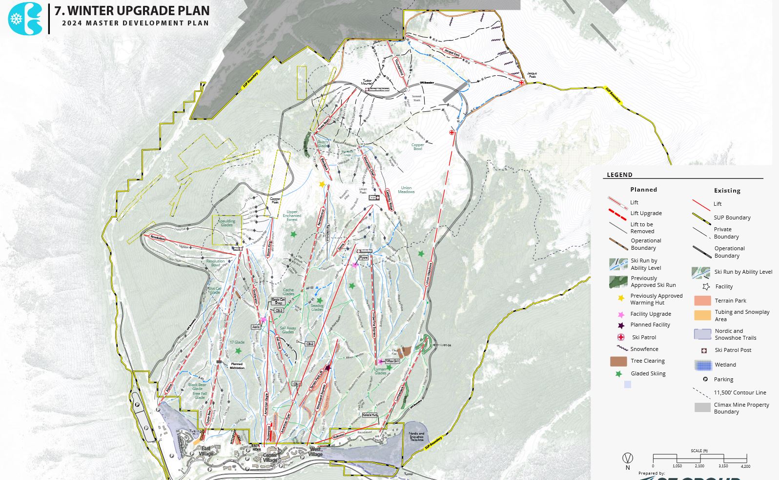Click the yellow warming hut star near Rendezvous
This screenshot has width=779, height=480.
click(x=322, y=184)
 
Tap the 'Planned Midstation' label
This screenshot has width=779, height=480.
click(x=237, y=366)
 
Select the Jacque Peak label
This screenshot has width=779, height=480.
click(x=532, y=75)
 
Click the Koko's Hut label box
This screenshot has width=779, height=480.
click(x=369, y=415)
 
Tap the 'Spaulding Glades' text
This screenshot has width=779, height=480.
click(x=226, y=223)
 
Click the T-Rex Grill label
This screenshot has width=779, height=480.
click(x=392, y=361)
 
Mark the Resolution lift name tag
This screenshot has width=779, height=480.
click(x=158, y=238)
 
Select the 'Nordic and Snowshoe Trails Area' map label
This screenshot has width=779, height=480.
click(x=416, y=436)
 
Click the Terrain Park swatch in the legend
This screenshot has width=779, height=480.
click(x=702, y=301)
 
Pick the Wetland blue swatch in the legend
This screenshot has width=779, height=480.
click(x=703, y=365)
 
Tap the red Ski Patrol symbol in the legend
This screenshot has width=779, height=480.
click(x=621, y=337)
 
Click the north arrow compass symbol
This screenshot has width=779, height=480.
click(x=628, y=458)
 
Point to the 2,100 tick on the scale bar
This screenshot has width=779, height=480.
click(x=699, y=465)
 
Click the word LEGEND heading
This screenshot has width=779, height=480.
click(x=619, y=175)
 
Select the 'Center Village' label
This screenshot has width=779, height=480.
click(x=270, y=458)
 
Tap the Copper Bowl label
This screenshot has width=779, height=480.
click(x=417, y=146)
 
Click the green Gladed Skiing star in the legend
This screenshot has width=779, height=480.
click(x=619, y=374)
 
